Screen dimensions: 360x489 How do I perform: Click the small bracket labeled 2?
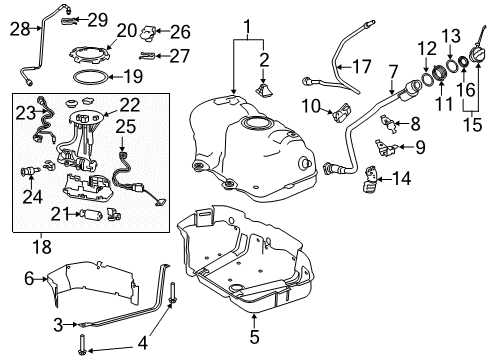(264, 91)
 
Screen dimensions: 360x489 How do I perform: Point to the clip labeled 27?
(148, 56)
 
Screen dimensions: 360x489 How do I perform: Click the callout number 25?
(125, 126)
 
